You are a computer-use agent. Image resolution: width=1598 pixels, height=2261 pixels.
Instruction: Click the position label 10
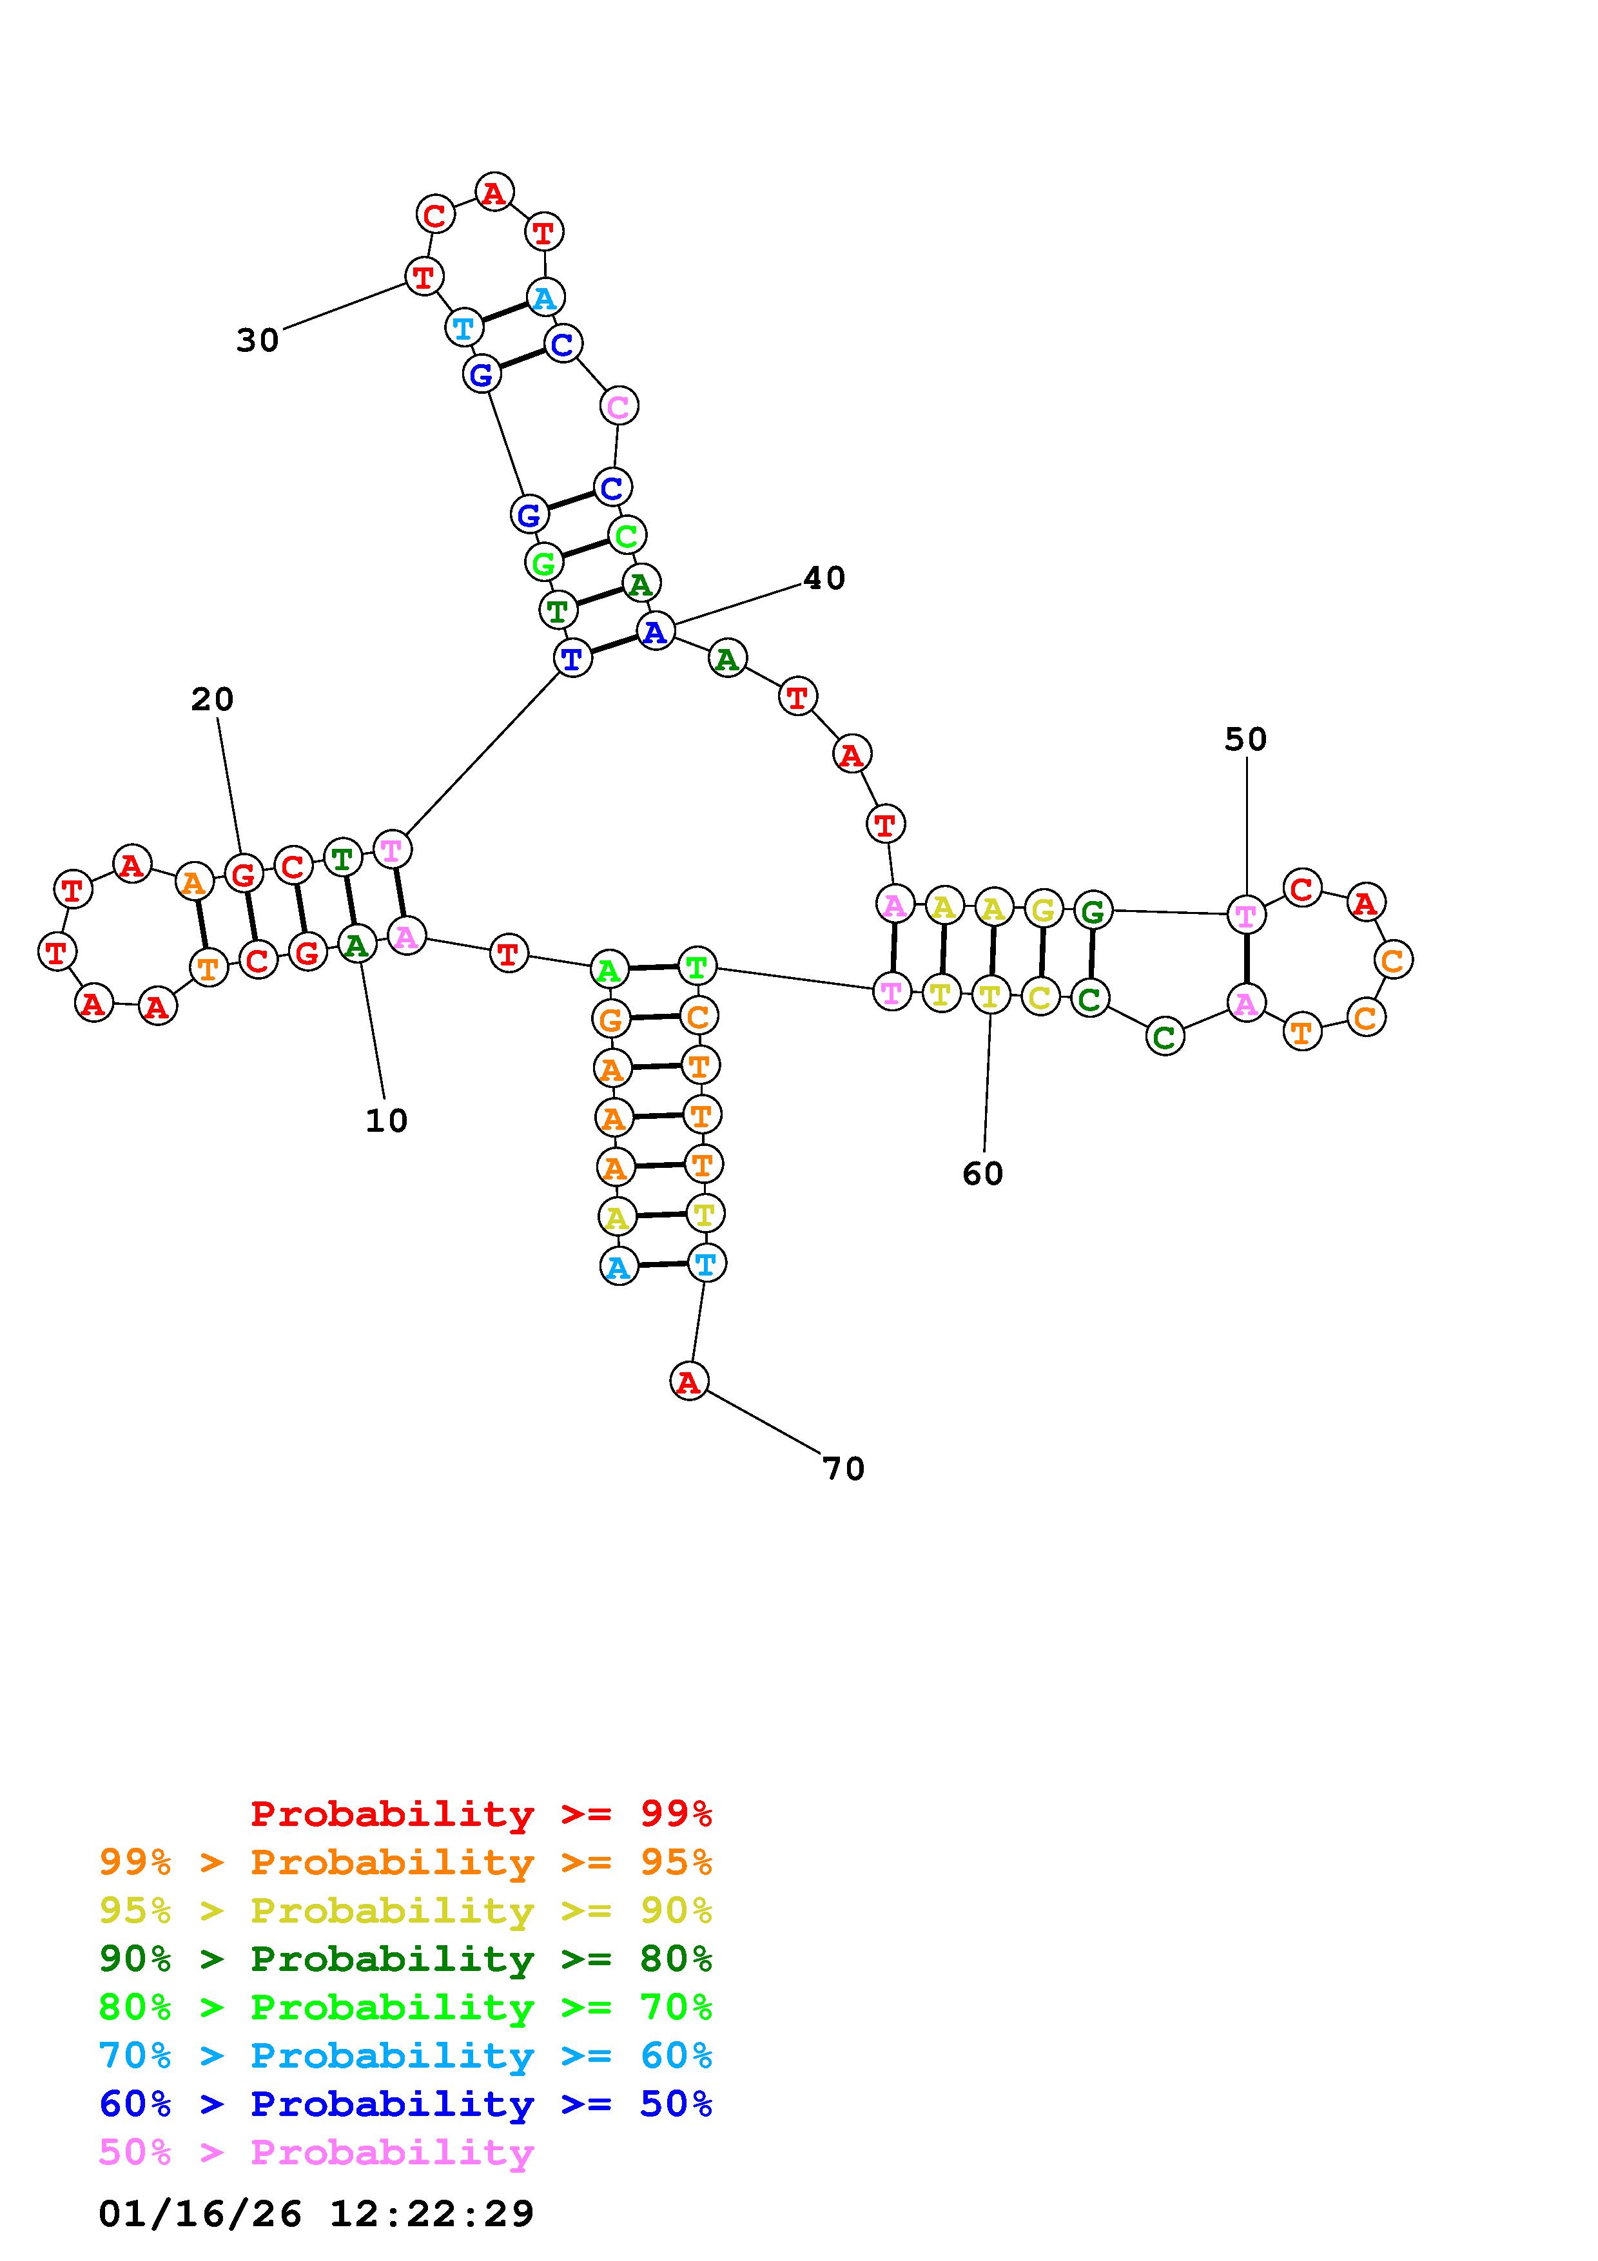386,1121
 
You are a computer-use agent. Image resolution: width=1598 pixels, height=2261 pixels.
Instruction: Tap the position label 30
258,341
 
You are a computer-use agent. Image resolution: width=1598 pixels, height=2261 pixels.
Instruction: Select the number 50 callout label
1245,739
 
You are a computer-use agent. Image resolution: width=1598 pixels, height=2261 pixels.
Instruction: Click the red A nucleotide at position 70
689,1382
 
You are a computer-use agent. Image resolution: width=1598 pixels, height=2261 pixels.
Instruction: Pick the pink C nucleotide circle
618,405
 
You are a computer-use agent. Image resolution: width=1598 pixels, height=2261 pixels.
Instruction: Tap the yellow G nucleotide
1043,909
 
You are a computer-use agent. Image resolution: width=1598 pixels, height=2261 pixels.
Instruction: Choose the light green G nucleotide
543,563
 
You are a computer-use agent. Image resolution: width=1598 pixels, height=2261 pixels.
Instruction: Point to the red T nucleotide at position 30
424,277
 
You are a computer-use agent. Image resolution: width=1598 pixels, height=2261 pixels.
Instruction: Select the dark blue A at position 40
656,631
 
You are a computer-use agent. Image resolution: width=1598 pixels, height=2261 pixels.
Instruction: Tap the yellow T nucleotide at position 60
991,996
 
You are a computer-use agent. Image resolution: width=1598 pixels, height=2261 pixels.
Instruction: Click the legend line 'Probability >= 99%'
482,1813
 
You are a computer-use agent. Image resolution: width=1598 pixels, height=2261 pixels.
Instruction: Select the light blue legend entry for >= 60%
405,2055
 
